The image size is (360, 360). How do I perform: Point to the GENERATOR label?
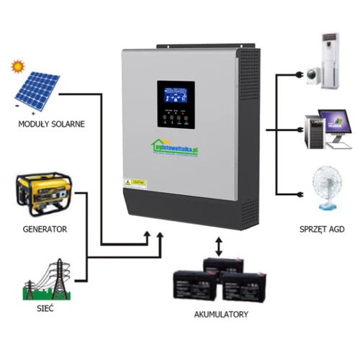[45, 229]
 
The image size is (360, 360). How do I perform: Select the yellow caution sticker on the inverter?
[137, 182]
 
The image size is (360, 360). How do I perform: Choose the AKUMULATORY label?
[222, 315]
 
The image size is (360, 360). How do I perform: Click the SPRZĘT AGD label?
[324, 228]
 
